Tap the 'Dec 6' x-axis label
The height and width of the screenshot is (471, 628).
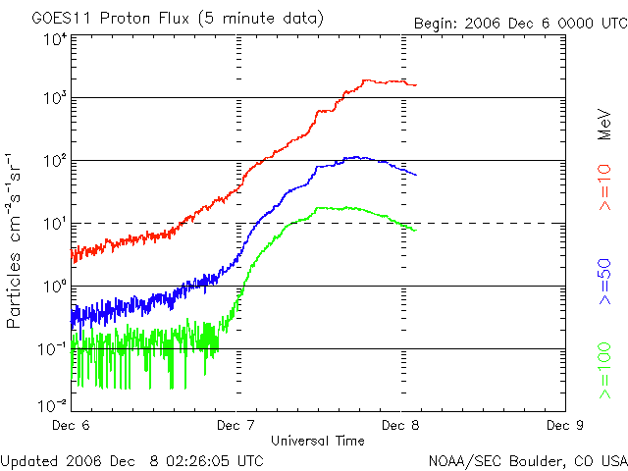click(x=71, y=425)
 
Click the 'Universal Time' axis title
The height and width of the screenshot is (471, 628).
click(x=318, y=440)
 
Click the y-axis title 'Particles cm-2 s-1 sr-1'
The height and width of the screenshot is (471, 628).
click(x=16, y=240)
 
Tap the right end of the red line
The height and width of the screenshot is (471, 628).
click(x=415, y=84)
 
